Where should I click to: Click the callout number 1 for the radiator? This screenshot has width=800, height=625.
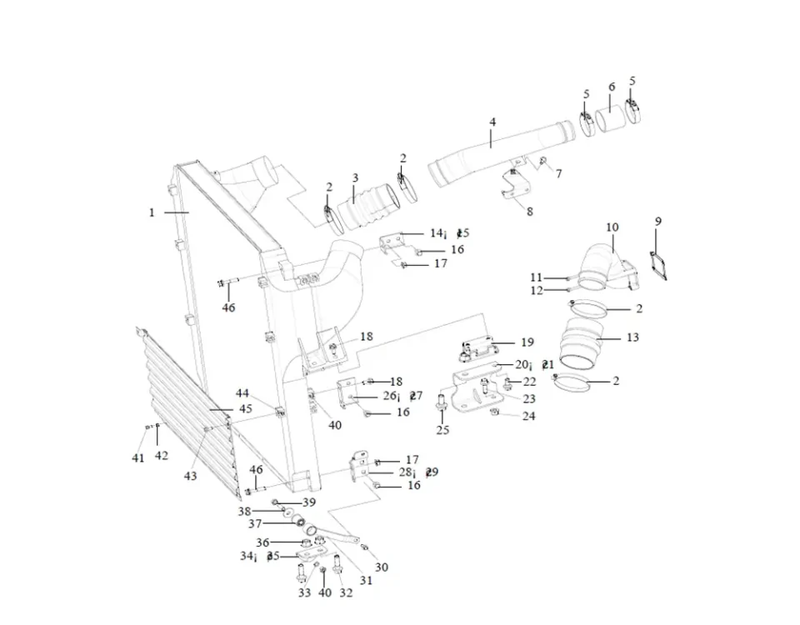152,212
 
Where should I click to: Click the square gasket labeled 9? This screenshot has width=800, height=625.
662,263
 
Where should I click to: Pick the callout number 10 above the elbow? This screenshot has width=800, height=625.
612,227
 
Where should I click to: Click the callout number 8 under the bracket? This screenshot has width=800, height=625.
529,212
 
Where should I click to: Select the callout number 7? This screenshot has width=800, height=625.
558,173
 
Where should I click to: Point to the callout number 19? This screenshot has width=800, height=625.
527,342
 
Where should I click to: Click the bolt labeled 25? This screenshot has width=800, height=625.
442,403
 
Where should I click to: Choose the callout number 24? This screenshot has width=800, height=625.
528,416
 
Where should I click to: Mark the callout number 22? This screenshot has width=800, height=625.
529,382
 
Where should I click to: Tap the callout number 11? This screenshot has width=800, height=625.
536,277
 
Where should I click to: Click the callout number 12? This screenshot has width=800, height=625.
536,291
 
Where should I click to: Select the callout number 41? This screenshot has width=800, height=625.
138,457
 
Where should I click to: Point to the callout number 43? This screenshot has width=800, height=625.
191,476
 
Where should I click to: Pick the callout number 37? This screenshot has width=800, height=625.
255,523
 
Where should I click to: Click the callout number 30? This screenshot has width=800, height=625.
381,567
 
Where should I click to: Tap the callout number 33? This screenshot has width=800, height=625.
304,592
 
